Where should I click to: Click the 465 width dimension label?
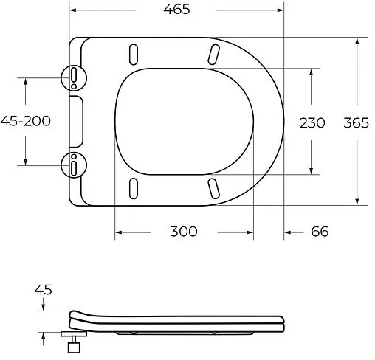click(x=177, y=10)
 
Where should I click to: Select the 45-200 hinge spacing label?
click(x=26, y=121)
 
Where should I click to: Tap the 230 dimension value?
click(x=312, y=122)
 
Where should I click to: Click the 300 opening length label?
click(x=183, y=232)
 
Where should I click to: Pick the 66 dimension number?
click(x=319, y=232)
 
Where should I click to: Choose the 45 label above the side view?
click(x=44, y=290)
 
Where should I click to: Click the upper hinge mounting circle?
click(x=74, y=76)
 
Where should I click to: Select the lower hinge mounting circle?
click(x=74, y=165)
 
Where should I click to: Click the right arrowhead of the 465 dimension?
click(x=281, y=10)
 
